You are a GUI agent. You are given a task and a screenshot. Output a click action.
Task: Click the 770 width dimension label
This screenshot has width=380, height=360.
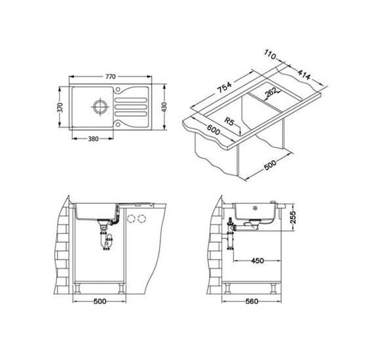coord(110,77)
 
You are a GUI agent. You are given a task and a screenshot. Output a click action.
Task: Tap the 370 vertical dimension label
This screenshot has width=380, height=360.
coord(60,107)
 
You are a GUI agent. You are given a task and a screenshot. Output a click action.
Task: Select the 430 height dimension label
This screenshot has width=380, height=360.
coord(164,107)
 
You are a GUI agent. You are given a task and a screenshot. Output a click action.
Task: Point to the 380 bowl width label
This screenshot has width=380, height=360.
coord(93,139)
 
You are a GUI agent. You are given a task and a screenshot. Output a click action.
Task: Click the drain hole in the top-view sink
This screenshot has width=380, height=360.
coord(100,106)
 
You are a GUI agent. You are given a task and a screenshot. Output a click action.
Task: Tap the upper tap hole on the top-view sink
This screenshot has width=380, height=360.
coord(118,89)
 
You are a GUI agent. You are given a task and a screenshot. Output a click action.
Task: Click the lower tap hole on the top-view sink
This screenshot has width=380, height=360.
coord(118,124)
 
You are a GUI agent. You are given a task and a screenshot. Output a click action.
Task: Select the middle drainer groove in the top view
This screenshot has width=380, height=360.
coord(131,107)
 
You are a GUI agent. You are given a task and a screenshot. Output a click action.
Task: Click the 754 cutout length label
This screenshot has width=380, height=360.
coord(224,88)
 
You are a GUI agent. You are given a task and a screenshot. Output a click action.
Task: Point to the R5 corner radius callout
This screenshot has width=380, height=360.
coord(229,121)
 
